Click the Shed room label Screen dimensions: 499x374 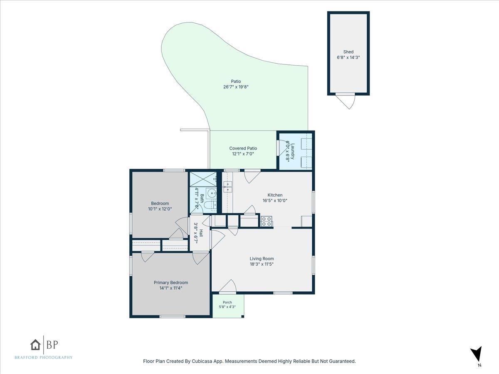coord(348,52)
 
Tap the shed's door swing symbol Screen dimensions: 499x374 coord(345,101)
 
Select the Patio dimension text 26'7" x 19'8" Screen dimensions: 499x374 coord(236,87)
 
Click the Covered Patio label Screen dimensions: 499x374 coord(243,148)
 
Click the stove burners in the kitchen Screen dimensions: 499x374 coord(266,221)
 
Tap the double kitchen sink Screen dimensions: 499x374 coord(227,187)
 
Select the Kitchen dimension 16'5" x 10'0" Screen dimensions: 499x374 coord(275,201)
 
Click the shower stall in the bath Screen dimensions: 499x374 coord(203,180)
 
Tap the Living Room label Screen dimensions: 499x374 coord(262,258)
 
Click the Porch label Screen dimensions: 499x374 coord(227,302)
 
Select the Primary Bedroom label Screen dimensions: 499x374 coord(171,283)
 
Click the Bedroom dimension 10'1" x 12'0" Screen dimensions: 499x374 coord(160,209)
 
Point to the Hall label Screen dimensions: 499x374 coord(201,233)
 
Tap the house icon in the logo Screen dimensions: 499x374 coord(35,345)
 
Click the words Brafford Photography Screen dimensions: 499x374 coord(43,357)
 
